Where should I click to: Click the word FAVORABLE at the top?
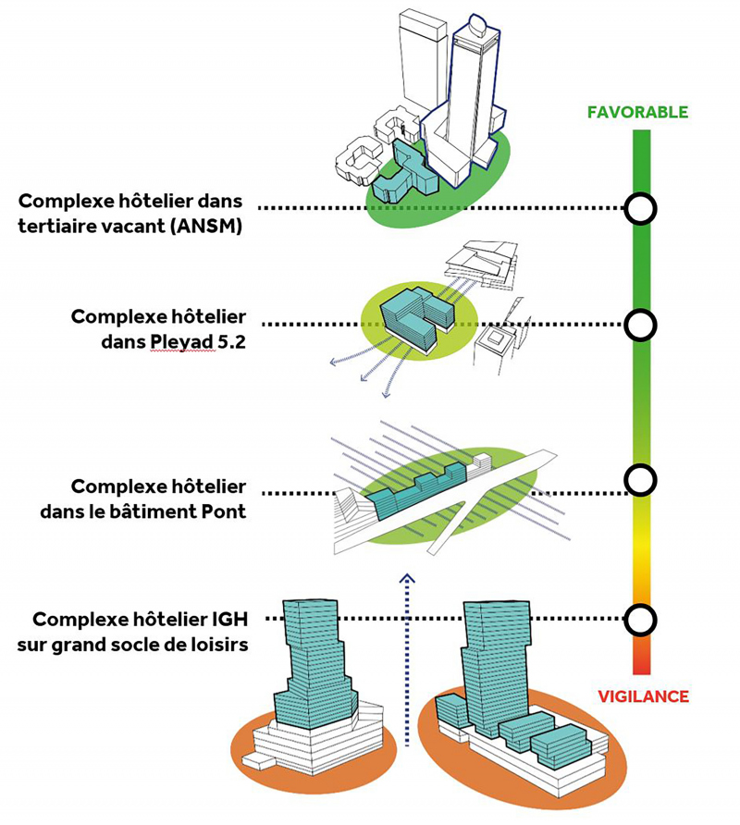click(637, 113)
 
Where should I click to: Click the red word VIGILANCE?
click(643, 696)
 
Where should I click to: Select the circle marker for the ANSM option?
click(640, 209)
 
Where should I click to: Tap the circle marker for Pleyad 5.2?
click(640, 325)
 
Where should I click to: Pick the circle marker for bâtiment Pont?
click(640, 479)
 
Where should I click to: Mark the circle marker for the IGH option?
click(640, 619)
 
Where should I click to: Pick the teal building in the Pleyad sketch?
click(416, 317)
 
